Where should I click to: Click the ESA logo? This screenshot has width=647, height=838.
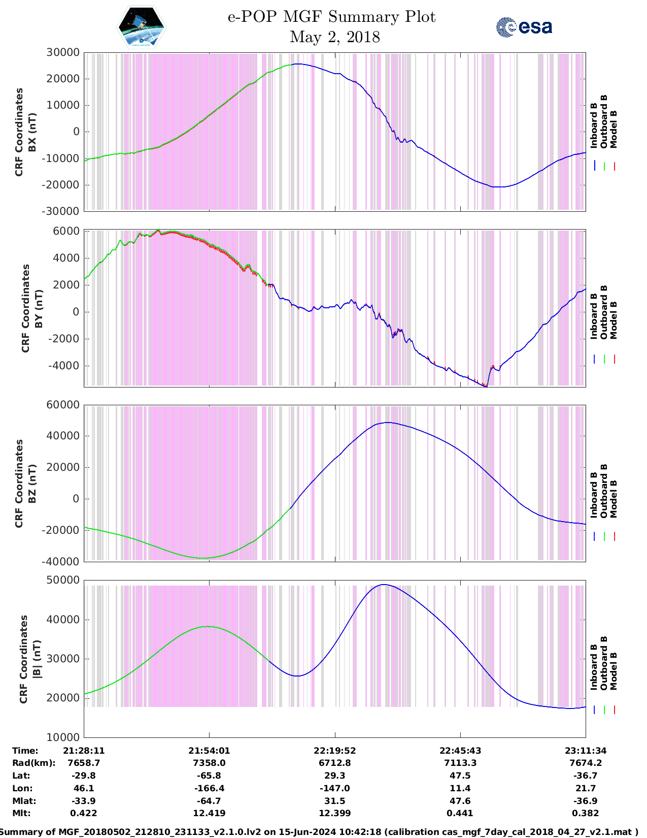pyautogui.click(x=524, y=27)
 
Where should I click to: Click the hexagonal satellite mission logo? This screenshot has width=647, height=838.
pyautogui.click(x=142, y=27)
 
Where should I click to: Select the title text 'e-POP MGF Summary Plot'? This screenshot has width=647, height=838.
pyautogui.click(x=331, y=17)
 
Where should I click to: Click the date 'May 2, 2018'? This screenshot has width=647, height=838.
pyautogui.click(x=335, y=37)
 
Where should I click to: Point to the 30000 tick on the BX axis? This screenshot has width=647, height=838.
pyautogui.click(x=63, y=52)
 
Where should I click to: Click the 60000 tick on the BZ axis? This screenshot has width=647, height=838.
pyautogui.click(x=63, y=405)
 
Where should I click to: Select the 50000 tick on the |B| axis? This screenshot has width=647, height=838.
pyautogui.click(x=63, y=580)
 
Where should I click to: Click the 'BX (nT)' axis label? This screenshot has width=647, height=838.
pyautogui.click(x=32, y=132)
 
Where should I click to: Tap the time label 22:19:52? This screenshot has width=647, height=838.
pyautogui.click(x=335, y=751)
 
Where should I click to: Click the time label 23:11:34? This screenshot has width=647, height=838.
pyautogui.click(x=586, y=751)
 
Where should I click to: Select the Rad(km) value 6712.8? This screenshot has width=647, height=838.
pyautogui.click(x=335, y=763)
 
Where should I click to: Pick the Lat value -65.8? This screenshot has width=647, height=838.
pyautogui.click(x=209, y=776)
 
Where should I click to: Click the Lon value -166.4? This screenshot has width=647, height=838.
pyautogui.click(x=209, y=788)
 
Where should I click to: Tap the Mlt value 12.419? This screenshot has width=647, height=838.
pyautogui.click(x=209, y=813)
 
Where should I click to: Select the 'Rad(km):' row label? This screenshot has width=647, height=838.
pyautogui.click(x=33, y=763)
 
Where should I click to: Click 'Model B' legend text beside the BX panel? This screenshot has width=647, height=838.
pyautogui.click(x=614, y=129)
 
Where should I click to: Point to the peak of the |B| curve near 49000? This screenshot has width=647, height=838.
pyautogui.click(x=384, y=585)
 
